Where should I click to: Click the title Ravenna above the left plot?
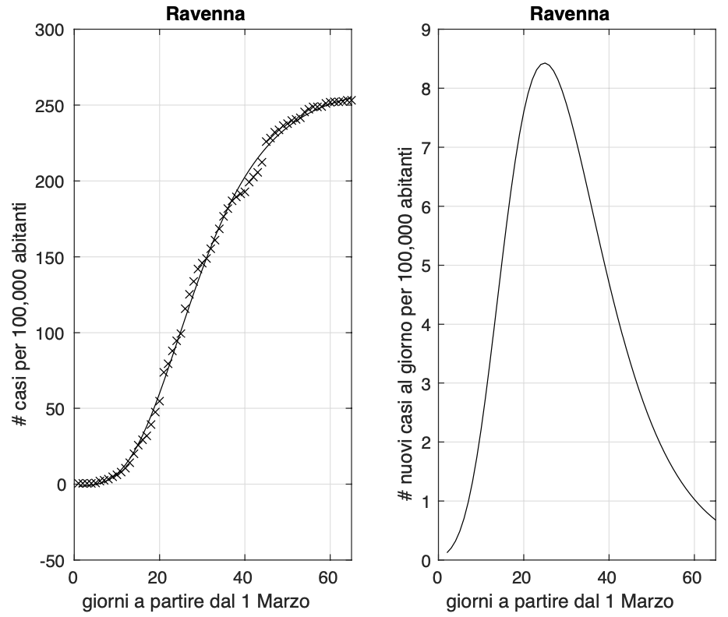[214, 13]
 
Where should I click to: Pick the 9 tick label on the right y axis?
[425, 30]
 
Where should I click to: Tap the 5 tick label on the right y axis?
[425, 266]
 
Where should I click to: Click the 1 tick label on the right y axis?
[425, 502]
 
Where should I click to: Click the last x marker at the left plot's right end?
[352, 100]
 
